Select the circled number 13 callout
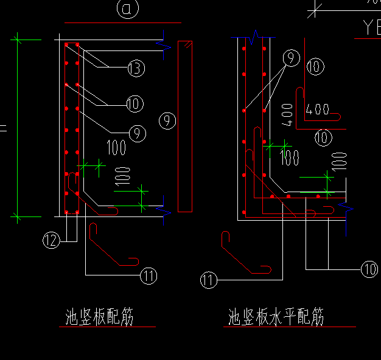click(136, 69)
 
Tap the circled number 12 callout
click(51, 240)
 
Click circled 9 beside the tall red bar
click(166, 120)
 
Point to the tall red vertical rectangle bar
click(185, 126)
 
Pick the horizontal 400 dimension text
click(318, 110)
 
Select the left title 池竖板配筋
click(99, 317)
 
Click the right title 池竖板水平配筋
click(276, 317)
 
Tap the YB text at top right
click(371, 27)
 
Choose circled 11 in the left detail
click(149, 275)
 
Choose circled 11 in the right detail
click(209, 280)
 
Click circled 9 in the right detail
click(290, 58)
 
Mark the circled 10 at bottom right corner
click(369, 269)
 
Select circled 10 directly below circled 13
click(135, 104)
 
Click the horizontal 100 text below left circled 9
click(116, 147)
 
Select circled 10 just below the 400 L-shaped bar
click(323, 137)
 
